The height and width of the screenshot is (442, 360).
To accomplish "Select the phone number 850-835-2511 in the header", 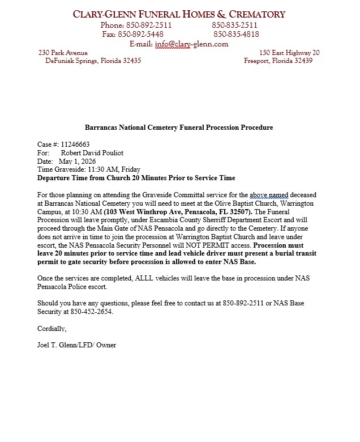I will click(235, 25).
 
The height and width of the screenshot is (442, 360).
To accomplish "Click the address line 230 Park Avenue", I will click(63, 53).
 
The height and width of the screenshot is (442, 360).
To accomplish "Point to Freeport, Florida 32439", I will click(278, 61).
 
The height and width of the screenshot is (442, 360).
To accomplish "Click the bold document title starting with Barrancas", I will click(179, 127).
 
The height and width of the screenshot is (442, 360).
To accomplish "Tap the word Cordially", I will click(52, 329).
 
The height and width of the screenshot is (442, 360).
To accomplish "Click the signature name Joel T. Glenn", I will click(59, 345).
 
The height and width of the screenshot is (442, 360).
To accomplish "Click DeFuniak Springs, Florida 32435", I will click(93, 61).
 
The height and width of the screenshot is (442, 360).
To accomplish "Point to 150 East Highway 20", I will click(289, 53).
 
